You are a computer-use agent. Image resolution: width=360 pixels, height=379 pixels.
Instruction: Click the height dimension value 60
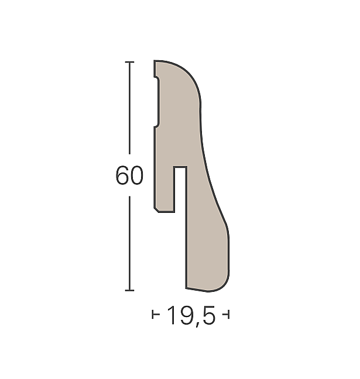tap(129, 175)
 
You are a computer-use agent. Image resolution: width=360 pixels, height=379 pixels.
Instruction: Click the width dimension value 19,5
tap(191, 316)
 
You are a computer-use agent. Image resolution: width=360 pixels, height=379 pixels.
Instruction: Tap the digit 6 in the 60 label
tap(122, 175)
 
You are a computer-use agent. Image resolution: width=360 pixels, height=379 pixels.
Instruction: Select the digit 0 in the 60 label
tap(137, 175)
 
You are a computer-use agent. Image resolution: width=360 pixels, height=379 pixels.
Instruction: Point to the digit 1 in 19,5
tap(172, 315)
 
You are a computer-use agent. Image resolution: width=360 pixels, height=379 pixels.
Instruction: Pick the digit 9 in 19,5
tap(186, 315)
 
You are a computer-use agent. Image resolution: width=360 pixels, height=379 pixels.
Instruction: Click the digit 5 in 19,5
tap(208, 315)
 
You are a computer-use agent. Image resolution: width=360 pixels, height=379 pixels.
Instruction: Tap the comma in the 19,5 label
tap(198, 325)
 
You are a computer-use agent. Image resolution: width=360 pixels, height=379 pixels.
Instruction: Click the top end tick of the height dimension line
tap(129, 62)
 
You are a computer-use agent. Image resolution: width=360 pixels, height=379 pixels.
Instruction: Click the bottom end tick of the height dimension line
tap(129, 290)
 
